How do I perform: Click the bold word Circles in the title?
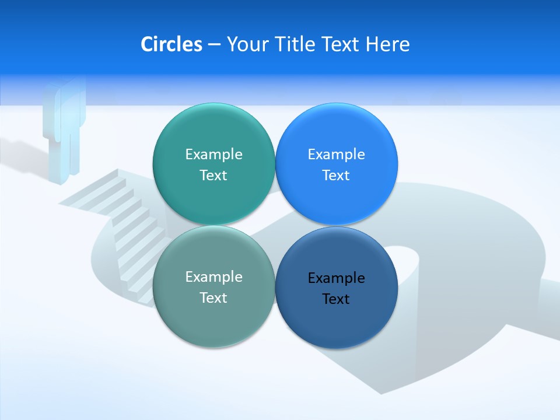(171, 44)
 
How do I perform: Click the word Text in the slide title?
(341, 44)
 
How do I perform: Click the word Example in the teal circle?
(213, 154)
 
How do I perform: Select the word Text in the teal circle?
(213, 175)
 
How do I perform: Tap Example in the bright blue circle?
(336, 154)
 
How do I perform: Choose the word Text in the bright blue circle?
(336, 175)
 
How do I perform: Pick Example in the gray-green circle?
(213, 276)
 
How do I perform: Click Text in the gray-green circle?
(213, 297)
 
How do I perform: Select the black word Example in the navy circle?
(336, 278)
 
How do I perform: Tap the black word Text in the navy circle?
(336, 299)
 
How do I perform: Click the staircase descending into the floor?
(125, 228)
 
